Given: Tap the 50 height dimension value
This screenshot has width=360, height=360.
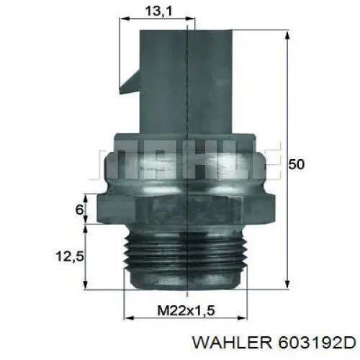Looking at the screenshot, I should [296, 165].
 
